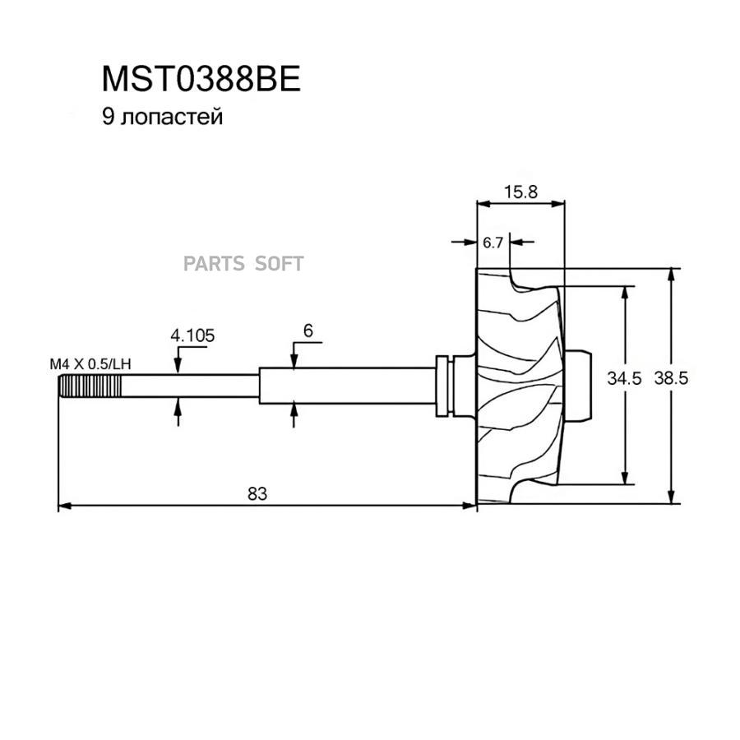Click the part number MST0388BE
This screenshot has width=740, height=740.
(201, 79)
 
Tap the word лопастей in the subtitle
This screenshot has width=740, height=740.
(172, 117)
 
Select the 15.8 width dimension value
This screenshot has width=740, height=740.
(520, 192)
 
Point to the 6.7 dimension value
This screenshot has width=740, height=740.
(493, 243)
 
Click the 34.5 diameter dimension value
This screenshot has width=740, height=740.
(624, 378)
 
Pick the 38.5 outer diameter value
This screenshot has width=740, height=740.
(671, 378)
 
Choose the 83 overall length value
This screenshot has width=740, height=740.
(257, 493)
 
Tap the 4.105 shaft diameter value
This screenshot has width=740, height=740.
(192, 335)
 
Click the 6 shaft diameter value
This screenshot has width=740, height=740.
(308, 331)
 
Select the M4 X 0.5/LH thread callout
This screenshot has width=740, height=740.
(90, 364)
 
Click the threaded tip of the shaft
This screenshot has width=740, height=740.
(90, 386)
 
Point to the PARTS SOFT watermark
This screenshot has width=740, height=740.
(243, 264)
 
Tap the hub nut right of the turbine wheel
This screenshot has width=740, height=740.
(577, 386)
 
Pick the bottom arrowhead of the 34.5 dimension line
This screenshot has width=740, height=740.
(625, 478)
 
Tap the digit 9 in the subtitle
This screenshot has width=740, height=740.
(108, 117)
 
